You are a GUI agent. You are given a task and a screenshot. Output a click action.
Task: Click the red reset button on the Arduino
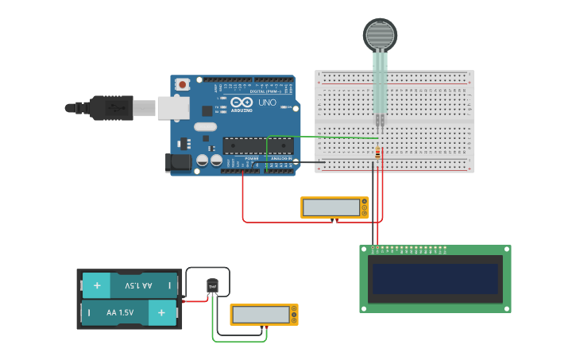[x=183, y=83]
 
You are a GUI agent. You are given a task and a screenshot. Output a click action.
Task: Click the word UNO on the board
[x=267, y=103]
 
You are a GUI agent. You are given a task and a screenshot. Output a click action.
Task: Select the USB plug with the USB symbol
[x=111, y=107]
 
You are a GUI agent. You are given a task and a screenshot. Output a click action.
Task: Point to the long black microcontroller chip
[x=257, y=145]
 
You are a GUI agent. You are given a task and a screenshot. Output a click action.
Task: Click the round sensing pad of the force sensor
[x=380, y=34]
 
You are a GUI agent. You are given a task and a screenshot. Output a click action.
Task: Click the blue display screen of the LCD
[x=435, y=279]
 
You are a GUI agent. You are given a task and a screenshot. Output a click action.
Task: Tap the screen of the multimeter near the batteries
[x=260, y=315]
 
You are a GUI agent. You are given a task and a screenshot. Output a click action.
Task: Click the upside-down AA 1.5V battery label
[x=138, y=285]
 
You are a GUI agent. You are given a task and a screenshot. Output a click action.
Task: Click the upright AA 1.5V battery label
[x=121, y=313]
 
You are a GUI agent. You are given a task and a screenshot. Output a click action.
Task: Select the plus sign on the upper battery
[x=97, y=285]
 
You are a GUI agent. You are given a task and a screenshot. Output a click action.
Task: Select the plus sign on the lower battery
[x=162, y=313]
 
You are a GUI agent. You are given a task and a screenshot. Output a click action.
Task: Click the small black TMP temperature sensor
[x=212, y=286]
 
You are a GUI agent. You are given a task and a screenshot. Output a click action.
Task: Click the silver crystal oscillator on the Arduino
[x=204, y=127]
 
